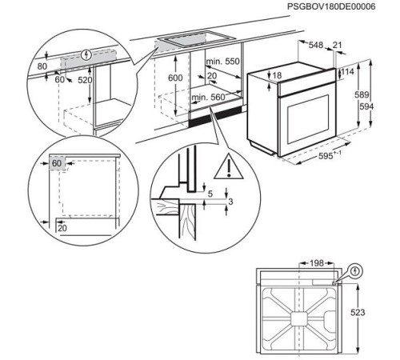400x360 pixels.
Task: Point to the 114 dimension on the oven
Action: tap(349, 72)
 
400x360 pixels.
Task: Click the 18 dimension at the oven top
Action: tap(278, 75)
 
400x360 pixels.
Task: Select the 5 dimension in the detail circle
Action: tap(209, 193)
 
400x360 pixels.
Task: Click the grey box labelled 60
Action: tap(56, 164)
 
